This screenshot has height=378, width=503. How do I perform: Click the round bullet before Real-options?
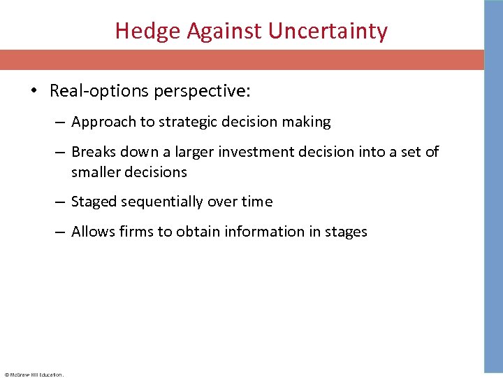click(36, 91)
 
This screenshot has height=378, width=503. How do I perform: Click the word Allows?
click(92, 232)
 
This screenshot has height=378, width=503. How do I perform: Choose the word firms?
click(136, 232)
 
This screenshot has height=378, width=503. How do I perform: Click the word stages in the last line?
click(344, 232)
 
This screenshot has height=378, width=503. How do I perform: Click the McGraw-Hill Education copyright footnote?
click(34, 374)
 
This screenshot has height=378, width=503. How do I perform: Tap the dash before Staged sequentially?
click(61, 202)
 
